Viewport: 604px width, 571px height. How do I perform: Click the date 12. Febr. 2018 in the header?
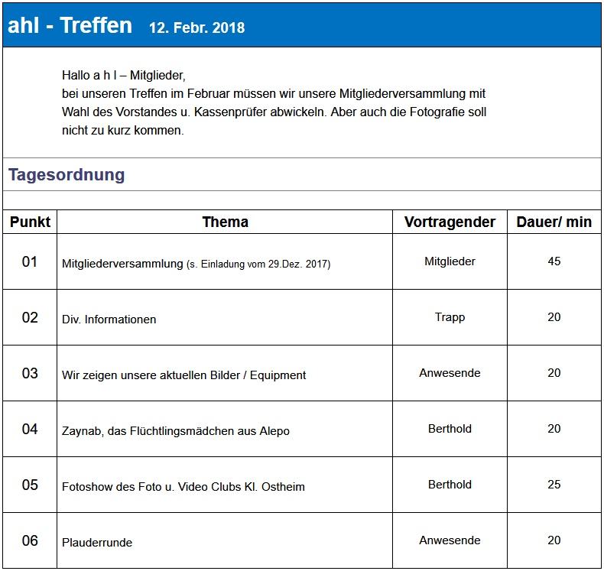(x=196, y=28)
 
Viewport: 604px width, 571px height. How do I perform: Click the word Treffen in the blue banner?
(x=96, y=25)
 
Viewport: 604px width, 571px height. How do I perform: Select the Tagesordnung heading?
(x=67, y=175)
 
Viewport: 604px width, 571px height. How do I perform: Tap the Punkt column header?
(x=30, y=222)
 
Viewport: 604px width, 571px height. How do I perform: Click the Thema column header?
(x=226, y=222)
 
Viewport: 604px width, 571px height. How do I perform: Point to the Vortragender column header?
(x=450, y=222)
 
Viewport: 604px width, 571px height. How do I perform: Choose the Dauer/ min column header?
(x=554, y=222)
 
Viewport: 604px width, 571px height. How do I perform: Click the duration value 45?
(x=554, y=261)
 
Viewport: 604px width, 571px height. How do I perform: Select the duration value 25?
(x=554, y=485)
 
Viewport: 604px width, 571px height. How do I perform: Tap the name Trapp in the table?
(x=450, y=317)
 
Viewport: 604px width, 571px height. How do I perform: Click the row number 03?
(x=30, y=374)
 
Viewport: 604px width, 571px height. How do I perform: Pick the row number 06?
(x=30, y=541)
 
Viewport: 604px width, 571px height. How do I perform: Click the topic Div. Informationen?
(x=109, y=320)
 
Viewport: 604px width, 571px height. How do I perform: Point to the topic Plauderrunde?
(x=97, y=543)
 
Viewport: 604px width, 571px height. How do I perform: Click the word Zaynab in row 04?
(x=83, y=431)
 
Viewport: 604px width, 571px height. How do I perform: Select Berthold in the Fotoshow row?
(x=450, y=485)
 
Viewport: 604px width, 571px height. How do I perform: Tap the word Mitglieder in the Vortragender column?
(x=450, y=261)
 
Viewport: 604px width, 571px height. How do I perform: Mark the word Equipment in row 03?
(x=278, y=375)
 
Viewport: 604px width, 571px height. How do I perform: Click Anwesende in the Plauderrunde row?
(x=450, y=540)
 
